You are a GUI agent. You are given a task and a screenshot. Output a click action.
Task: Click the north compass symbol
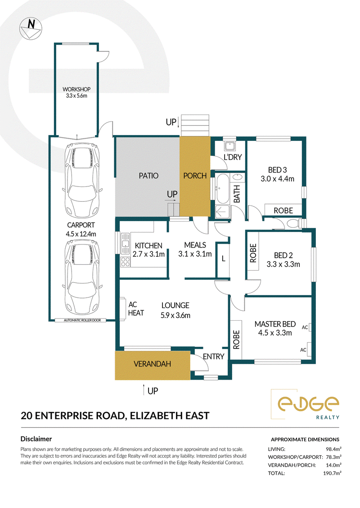coord(31,28)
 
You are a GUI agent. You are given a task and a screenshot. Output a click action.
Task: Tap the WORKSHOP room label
coord(76,89)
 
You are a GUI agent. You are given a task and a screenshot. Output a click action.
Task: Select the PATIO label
coord(148,176)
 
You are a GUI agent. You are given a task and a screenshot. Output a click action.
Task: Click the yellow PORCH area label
coord(195,176)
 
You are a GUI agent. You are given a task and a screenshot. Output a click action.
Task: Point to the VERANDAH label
coord(152,364)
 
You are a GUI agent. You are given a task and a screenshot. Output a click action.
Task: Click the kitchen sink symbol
coord(125,244)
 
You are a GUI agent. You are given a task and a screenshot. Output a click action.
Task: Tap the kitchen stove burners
coord(125,262)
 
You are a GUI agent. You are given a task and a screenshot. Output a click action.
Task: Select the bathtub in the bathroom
coord(222,189)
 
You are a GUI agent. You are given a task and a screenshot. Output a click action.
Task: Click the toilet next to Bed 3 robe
coord(294,223)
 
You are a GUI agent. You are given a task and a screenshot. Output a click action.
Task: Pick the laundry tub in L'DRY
coord(230,146)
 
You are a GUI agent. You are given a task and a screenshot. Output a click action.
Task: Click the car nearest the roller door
coord(82,277)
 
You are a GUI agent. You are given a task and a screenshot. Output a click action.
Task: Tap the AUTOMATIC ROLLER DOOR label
coord(82,320)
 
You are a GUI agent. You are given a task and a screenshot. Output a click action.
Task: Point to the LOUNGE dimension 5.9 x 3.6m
coord(175,315)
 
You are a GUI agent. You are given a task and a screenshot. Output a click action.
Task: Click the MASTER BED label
coord(275,324)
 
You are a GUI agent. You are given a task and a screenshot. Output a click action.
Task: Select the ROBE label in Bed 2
coord(253,253)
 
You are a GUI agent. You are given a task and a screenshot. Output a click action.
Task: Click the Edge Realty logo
coord(305,404)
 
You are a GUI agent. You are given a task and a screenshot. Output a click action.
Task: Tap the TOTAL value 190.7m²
coord(332,473)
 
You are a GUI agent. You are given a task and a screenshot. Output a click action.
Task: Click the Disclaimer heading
coord(36,439)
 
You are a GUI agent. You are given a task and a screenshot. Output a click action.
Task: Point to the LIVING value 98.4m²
coord(333,449)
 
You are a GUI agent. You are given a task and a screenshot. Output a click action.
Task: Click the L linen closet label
coord(223,259)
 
